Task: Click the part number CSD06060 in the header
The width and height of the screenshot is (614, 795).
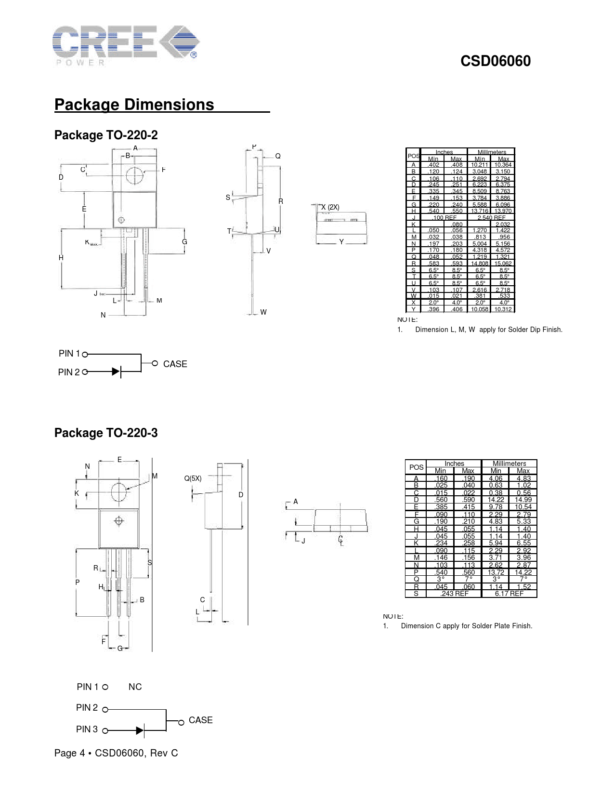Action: (x=495, y=61)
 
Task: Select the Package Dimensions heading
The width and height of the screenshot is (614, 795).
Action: (x=134, y=105)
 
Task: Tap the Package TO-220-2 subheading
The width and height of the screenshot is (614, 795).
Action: (x=106, y=135)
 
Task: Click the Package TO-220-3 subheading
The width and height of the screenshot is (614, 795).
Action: (x=106, y=433)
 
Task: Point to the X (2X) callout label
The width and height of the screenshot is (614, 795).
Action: (x=330, y=207)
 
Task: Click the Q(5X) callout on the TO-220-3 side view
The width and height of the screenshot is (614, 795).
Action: (x=193, y=478)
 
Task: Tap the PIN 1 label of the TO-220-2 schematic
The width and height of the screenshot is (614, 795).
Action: (x=69, y=354)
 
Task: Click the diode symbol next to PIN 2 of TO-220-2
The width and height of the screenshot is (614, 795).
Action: (x=116, y=371)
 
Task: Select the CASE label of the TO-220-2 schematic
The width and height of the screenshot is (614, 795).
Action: (x=175, y=364)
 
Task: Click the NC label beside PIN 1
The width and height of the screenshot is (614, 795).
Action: (x=135, y=687)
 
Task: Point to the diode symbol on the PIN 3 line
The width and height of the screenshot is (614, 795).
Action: (x=140, y=730)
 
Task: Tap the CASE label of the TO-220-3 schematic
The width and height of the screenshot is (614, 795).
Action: (x=200, y=720)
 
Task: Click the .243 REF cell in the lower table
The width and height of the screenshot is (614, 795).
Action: (x=454, y=594)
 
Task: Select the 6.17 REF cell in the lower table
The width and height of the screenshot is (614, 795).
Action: (x=509, y=594)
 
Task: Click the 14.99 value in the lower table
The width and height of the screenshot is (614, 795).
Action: (x=523, y=500)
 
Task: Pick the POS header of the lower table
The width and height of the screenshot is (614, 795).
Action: (x=416, y=467)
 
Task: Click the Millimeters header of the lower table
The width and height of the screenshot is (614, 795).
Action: (x=509, y=464)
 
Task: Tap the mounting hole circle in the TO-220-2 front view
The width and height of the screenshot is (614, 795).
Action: (x=134, y=175)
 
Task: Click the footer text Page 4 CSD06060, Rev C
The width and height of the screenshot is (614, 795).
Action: (x=116, y=753)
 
